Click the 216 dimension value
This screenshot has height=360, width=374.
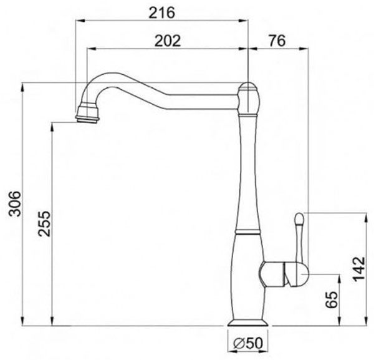pos(161,12)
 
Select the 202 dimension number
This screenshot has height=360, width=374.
pos(168,41)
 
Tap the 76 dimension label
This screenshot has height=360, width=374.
pos(277,41)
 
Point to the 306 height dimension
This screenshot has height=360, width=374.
pos(15,203)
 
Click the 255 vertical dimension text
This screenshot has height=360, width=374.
pos(45,224)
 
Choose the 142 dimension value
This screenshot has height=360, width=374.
pos(359,269)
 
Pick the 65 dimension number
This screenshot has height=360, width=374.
pos(332,300)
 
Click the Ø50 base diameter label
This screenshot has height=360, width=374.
pos(247,343)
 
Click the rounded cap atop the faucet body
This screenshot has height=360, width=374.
pos(249,98)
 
